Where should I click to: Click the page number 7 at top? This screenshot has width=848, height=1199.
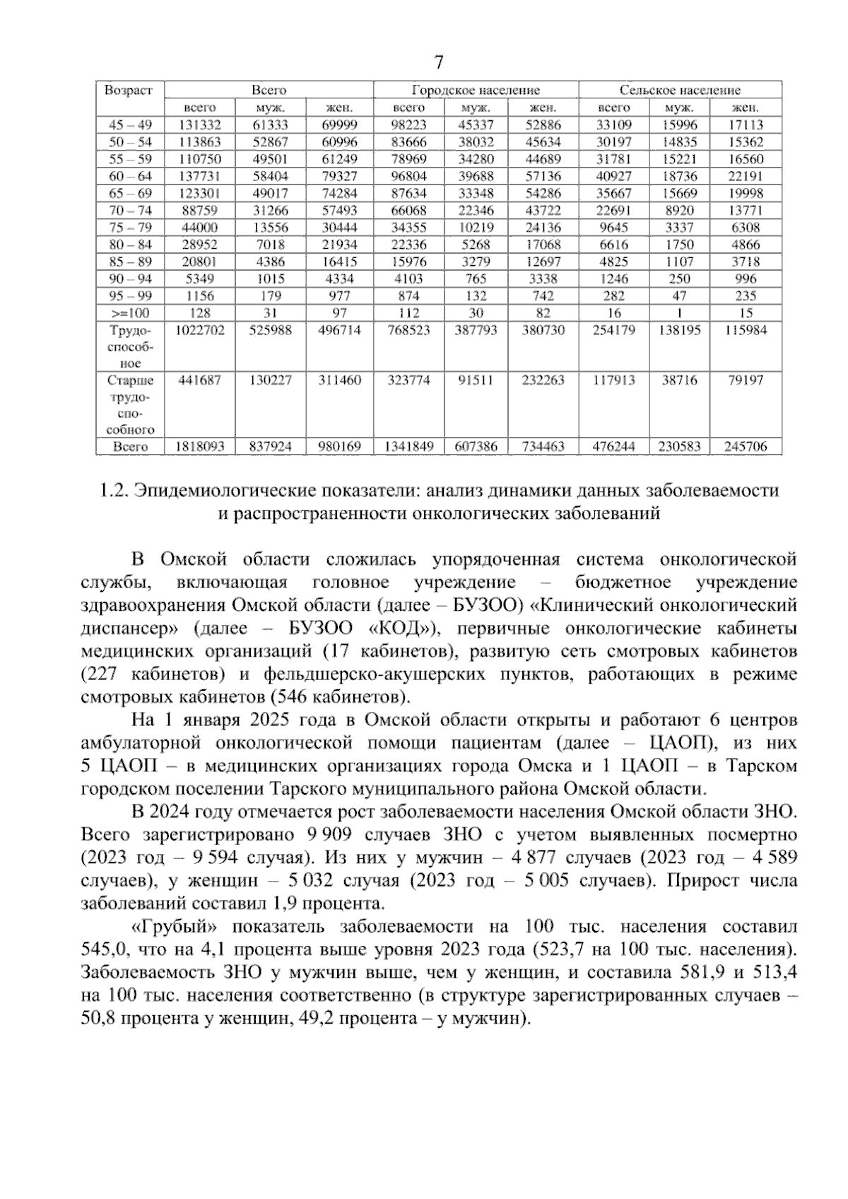pyautogui.click(x=438, y=62)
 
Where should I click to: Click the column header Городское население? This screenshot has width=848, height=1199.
pyautogui.click(x=476, y=90)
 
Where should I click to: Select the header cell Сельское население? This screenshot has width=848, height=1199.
pyautogui.click(x=680, y=90)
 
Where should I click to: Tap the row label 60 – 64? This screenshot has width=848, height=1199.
pyautogui.click(x=130, y=176)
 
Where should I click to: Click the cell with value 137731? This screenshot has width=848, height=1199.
pyautogui.click(x=199, y=176)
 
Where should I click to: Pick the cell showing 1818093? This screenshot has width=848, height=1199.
pyautogui.click(x=199, y=447)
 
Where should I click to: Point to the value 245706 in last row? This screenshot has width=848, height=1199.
pyautogui.click(x=746, y=447)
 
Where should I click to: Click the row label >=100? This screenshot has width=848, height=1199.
pyautogui.click(x=130, y=313)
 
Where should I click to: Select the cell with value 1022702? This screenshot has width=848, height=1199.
pyautogui.click(x=199, y=330)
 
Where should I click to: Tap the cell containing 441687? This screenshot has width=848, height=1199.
pyautogui.click(x=199, y=380)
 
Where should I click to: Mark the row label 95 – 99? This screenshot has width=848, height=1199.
pyautogui.click(x=130, y=296)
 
